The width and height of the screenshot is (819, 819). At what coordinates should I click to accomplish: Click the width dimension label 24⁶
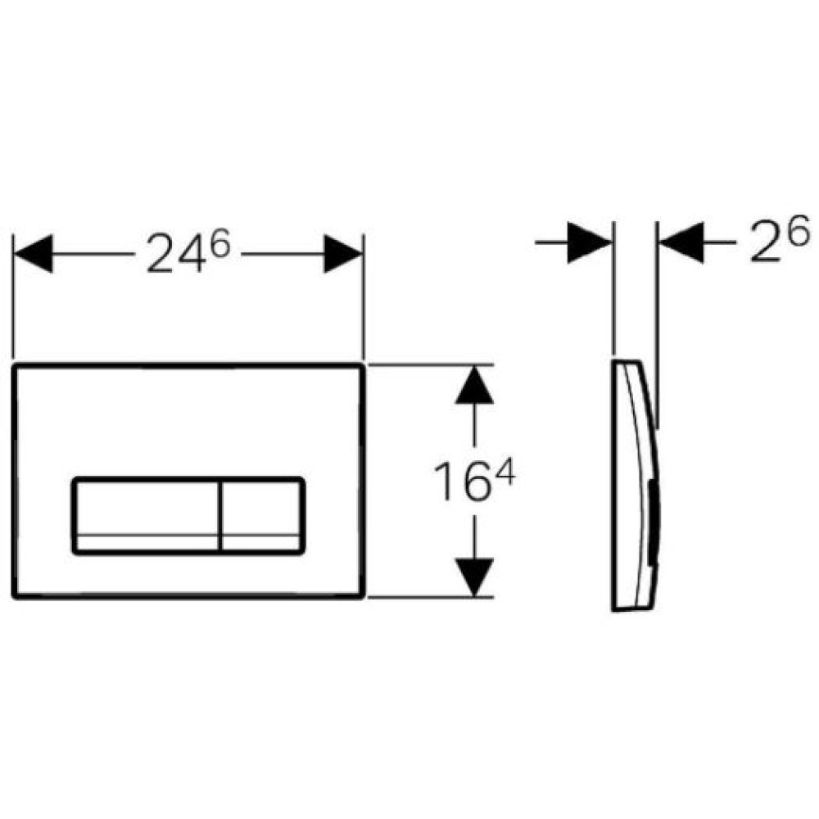tap(188, 253)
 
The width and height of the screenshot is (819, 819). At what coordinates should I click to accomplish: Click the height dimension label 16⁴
tap(474, 482)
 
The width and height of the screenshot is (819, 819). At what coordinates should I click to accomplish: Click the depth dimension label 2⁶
tap(780, 240)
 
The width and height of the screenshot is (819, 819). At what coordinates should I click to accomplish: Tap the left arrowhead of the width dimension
tap(33, 254)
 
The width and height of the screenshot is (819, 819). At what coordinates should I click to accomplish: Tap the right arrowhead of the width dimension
tap(343, 254)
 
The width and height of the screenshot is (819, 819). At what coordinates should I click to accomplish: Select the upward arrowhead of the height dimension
tap(474, 384)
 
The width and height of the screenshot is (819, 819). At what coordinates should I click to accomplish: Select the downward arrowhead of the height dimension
tap(474, 577)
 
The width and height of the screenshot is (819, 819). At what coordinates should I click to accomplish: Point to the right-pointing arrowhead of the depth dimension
tap(590, 242)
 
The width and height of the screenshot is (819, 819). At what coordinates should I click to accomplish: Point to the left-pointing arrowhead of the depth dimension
tap(681, 242)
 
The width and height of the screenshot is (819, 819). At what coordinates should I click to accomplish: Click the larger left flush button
tap(147, 515)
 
